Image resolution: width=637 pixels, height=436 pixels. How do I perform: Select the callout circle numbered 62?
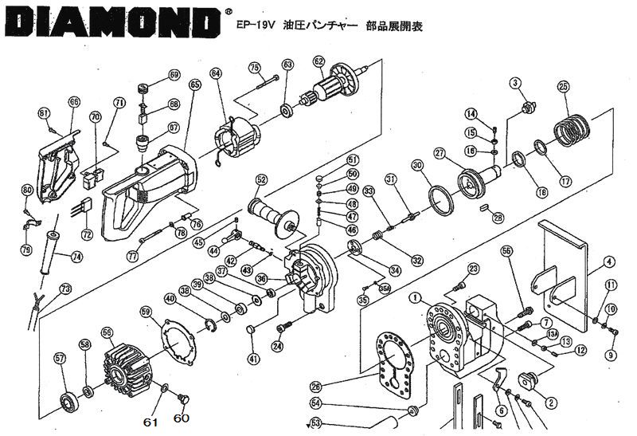[318, 61]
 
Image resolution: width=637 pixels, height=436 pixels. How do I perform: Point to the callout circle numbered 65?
[194, 84]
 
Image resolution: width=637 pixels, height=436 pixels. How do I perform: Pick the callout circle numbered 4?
[608, 261]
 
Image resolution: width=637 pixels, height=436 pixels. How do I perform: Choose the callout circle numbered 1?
[415, 298]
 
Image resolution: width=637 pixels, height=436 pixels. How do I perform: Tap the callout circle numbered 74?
[76, 257]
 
